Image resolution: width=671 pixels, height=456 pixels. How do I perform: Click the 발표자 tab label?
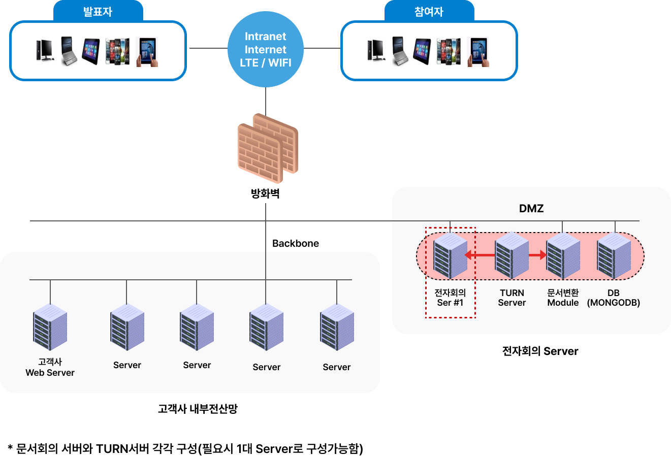(x=98, y=11)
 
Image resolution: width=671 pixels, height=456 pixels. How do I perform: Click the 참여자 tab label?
(x=429, y=11)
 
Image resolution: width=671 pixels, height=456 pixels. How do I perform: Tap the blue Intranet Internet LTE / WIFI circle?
(x=266, y=49)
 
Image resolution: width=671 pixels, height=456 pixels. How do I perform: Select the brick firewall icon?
(x=268, y=148)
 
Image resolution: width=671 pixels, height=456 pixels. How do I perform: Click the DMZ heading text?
(x=531, y=208)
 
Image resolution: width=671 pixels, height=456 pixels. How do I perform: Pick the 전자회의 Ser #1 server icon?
(x=450, y=255)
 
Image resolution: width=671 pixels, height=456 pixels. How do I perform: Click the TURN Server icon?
(x=512, y=255)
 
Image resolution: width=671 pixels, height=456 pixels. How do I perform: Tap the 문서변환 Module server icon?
(x=563, y=255)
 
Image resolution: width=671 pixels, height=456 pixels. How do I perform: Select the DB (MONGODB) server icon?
(x=614, y=255)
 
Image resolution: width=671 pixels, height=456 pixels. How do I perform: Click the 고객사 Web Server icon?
(x=50, y=327)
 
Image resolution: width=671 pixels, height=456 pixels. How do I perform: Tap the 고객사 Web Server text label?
(x=50, y=367)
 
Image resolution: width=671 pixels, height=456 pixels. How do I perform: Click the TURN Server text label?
(x=512, y=298)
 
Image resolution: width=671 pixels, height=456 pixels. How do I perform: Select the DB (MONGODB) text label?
(x=614, y=298)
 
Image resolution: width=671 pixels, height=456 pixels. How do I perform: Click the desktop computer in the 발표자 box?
(x=45, y=51)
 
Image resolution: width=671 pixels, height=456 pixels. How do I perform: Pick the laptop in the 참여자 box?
(x=400, y=51)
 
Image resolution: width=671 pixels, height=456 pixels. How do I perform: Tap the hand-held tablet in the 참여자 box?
(x=478, y=52)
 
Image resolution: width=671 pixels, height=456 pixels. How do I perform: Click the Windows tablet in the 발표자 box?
(x=91, y=51)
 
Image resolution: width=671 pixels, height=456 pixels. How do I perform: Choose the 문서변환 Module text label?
(x=563, y=298)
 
